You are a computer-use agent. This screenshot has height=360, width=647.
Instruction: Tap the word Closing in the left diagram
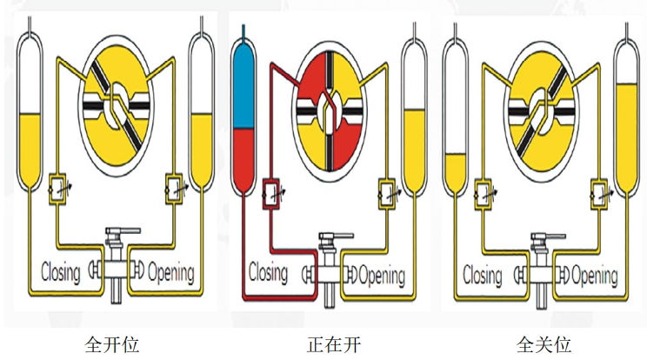tap(60, 271)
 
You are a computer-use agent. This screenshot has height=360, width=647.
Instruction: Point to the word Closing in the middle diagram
tap(269, 273)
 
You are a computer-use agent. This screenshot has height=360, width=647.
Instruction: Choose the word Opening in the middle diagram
tap(381, 276)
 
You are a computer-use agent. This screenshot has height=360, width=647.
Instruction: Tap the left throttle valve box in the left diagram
tap(59, 186)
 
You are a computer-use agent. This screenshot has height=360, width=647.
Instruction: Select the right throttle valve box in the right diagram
tap(600, 190)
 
